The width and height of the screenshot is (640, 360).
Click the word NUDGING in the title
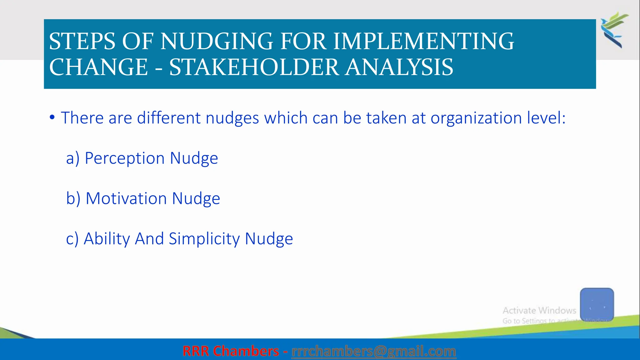(x=217, y=42)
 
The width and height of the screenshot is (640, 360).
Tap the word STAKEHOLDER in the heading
(x=254, y=67)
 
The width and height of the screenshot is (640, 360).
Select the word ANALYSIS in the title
(x=399, y=67)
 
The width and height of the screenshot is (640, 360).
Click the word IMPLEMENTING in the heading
(x=423, y=42)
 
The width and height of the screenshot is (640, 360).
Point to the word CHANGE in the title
(x=98, y=67)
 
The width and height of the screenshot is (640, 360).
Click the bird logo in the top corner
(x=614, y=30)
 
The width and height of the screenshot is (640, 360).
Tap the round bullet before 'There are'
(x=52, y=117)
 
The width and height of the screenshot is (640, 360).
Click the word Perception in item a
(x=125, y=158)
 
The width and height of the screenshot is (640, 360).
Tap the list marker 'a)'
(x=73, y=158)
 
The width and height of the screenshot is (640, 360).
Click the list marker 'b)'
(x=73, y=198)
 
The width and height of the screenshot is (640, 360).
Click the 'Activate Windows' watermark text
(x=539, y=310)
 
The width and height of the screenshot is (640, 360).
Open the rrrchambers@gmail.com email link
(x=373, y=351)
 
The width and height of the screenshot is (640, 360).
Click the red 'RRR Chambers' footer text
(x=231, y=351)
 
